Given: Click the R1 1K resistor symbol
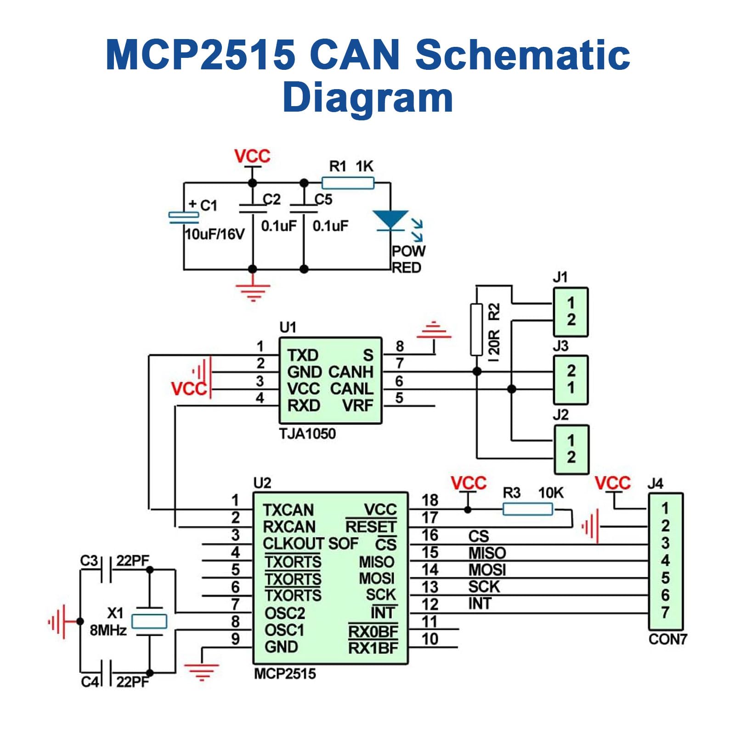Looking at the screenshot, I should point(348,183).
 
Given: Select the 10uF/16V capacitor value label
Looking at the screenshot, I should point(214,234).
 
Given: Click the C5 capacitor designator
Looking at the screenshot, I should point(323,199).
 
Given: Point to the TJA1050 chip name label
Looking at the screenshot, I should point(307,434).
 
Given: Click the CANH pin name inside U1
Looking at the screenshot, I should point(351,372).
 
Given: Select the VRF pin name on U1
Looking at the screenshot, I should point(357,406).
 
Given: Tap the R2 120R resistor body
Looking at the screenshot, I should point(476,329).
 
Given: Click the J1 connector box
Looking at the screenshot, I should point(570,312).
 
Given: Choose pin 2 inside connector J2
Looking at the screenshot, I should point(571,458).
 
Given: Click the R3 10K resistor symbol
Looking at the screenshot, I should point(527,509).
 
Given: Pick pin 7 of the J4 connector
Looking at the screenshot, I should point(665,613).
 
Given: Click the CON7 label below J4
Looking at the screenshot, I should point(667,639).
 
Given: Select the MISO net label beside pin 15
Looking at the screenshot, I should point(487,553).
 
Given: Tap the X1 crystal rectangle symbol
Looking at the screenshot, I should point(149,622).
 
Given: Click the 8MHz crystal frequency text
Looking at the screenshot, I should point(108,630).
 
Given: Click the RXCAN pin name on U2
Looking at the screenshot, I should point(289,527).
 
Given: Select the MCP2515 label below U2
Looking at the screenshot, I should point(285,674).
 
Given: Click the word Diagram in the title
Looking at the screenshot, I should point(367,97).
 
